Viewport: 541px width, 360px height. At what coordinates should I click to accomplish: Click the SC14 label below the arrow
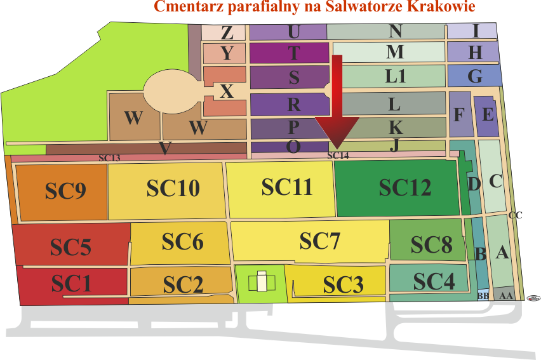coord(338,156)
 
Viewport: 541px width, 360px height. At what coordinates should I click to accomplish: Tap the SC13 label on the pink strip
coord(109,158)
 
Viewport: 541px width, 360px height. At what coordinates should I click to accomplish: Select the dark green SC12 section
coord(397,188)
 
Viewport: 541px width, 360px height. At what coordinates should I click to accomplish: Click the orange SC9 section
coord(62,192)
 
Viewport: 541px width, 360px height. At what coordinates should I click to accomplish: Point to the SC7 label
coord(319,241)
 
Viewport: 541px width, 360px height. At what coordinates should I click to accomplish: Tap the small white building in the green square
coord(262,282)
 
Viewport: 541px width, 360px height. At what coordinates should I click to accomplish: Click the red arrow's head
coord(337,133)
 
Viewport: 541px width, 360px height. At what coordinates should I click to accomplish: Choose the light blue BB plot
coord(483,295)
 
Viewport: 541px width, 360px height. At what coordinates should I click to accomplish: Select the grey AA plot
coord(504,294)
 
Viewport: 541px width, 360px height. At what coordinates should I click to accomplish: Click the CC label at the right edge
coord(516,215)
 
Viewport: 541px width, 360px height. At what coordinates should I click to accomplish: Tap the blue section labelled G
coord(475,76)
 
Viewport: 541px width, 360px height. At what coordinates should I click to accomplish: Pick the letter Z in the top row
coord(227,33)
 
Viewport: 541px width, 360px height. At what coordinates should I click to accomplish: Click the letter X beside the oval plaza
coord(226,91)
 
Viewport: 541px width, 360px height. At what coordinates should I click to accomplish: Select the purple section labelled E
coord(486,116)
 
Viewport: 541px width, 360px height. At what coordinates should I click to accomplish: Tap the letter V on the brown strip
coord(165,149)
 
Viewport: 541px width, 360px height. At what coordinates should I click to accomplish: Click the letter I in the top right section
coord(476,31)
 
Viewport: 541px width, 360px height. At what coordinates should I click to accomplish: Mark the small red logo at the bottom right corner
coord(533,298)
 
